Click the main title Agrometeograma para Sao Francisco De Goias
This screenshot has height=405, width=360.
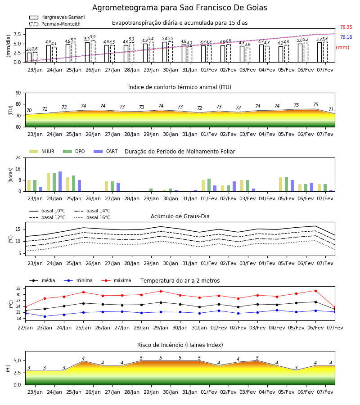coord(180,8)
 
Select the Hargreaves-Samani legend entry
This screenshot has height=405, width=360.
coord(57,17)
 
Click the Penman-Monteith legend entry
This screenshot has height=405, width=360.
coord(55,24)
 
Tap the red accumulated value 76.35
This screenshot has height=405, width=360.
coord(346,27)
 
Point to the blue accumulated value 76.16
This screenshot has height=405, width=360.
coord(346,37)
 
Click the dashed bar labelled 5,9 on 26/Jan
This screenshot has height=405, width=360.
coord(93,51)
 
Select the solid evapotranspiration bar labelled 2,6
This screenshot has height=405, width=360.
coord(29,57)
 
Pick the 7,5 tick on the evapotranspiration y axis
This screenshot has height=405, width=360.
coord(17,34)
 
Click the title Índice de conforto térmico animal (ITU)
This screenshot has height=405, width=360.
coord(180,87)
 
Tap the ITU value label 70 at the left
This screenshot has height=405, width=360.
coord(29,110)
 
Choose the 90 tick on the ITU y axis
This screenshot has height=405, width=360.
coord(18,93)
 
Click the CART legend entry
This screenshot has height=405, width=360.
coord(106,151)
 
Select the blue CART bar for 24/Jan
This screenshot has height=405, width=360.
coord(60,181)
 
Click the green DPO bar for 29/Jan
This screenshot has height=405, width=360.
coord(151,190)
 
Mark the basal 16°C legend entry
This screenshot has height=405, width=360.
coord(92,217)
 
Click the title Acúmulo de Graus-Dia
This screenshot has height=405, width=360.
coord(180,216)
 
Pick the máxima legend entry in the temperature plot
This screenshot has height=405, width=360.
coord(116,280)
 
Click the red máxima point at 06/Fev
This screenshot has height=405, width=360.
coord(315,291)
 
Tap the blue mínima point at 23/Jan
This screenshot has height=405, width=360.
coord(45,316)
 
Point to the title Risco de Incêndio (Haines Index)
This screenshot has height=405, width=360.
coord(180,345)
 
